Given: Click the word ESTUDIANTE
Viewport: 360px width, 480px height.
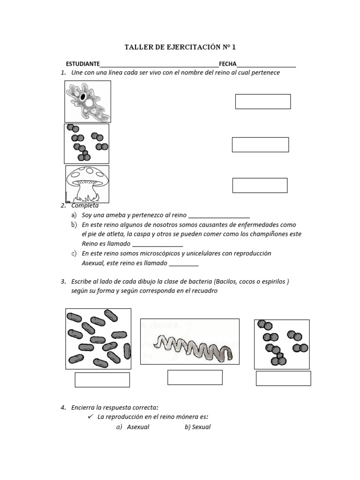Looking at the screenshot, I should (x=82, y=64).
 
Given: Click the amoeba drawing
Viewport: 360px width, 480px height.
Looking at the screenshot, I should (x=88, y=101).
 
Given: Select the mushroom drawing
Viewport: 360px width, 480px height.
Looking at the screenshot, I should (x=87, y=183).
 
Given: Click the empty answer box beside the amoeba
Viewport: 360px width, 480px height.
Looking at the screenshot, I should (x=262, y=102).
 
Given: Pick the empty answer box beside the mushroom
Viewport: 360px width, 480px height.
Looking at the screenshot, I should (x=260, y=185).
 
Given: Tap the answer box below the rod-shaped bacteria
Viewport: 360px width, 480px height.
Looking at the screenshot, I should (x=102, y=380).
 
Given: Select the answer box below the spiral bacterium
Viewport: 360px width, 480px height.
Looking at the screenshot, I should (x=195, y=377).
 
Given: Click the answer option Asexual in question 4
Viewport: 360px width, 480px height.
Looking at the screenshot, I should (x=138, y=427).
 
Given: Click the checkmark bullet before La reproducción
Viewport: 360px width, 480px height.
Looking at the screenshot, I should (x=91, y=417).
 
